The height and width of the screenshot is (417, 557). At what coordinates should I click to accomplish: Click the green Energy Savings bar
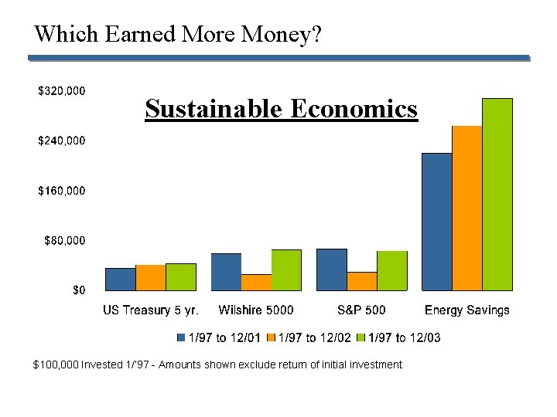497,195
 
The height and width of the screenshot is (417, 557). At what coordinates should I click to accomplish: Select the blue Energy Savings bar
437,222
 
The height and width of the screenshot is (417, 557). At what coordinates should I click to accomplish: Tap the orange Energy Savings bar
467,208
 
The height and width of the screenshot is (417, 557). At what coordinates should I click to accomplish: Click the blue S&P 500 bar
332,270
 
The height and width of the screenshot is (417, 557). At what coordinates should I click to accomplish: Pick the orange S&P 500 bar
362,281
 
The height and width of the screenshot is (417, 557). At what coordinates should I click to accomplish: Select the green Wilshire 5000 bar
286,270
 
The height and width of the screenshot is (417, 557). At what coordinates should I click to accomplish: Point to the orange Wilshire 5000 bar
256,283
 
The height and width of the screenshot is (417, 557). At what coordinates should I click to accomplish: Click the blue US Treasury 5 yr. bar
120,279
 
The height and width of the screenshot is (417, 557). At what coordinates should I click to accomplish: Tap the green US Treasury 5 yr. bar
181,276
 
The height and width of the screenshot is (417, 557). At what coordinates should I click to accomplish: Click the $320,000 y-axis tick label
62,91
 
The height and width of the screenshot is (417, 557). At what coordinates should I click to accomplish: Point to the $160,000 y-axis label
62,191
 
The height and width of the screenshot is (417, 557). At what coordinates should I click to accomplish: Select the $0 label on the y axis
79,290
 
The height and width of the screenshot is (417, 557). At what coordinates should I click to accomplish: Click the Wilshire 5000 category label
256,310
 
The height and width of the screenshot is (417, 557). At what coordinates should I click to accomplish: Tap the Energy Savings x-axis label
467,310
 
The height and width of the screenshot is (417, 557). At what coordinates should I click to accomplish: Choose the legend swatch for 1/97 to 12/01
181,337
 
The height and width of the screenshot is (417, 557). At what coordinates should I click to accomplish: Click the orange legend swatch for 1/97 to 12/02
272,337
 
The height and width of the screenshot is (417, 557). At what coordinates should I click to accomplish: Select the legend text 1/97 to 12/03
405,337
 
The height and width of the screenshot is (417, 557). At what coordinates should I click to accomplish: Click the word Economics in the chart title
354,109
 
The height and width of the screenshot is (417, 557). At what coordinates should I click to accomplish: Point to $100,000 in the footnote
56,364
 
